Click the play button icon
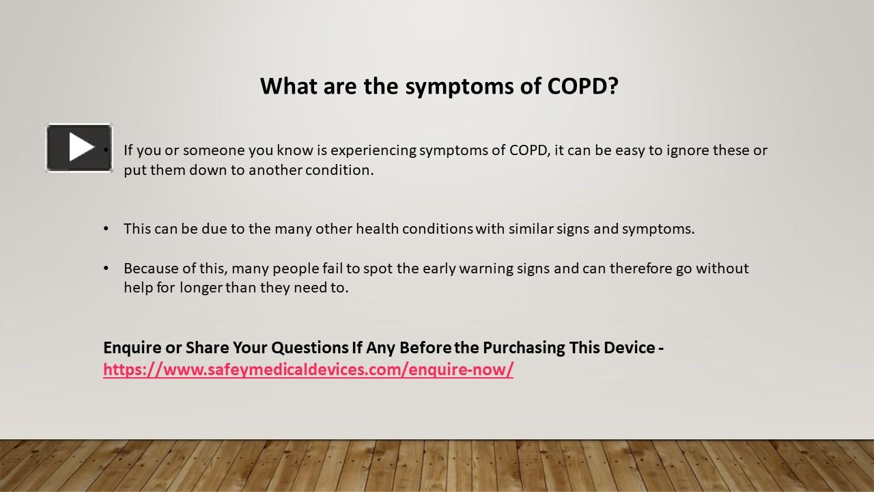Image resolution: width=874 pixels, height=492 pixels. click(x=79, y=148)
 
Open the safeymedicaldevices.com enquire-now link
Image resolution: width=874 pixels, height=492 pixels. click(x=308, y=370)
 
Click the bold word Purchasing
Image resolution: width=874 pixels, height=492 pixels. click(x=525, y=348)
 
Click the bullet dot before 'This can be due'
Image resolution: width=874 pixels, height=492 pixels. click(x=106, y=229)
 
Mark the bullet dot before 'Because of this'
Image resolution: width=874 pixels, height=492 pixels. click(x=106, y=269)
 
